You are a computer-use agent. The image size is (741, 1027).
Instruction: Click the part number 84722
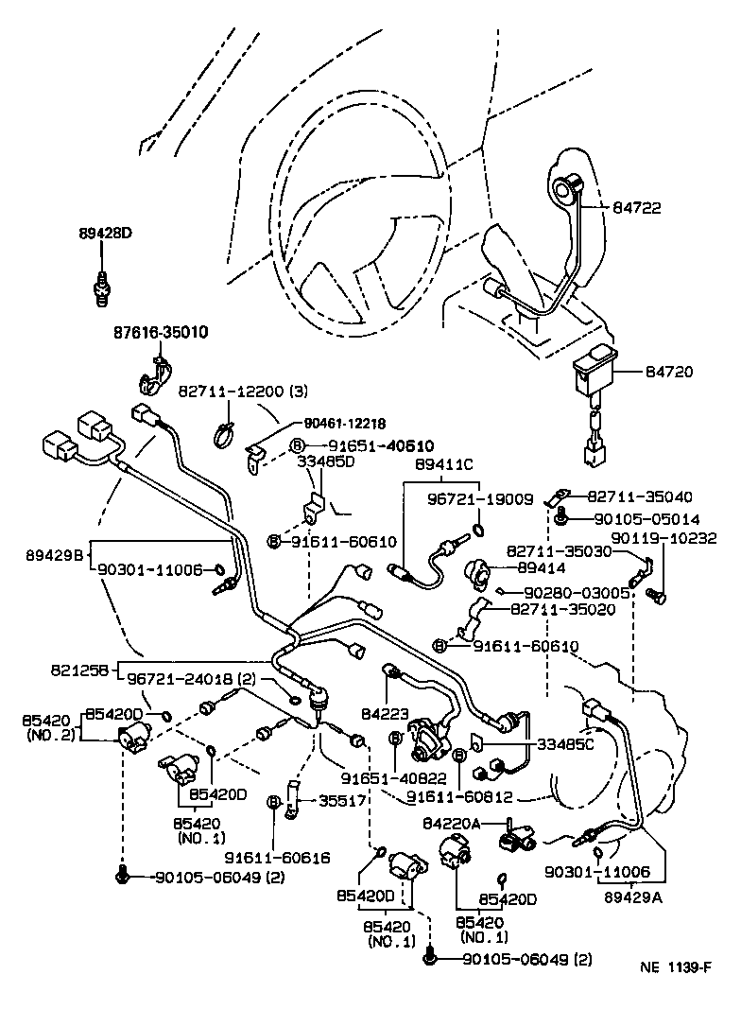tap(667, 207)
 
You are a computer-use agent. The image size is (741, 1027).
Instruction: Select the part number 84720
tap(670, 373)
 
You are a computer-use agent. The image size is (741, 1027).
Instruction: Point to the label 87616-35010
tap(162, 333)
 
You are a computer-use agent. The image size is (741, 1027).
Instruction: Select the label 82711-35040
tap(640, 496)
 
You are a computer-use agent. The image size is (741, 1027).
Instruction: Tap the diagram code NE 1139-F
tap(675, 967)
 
